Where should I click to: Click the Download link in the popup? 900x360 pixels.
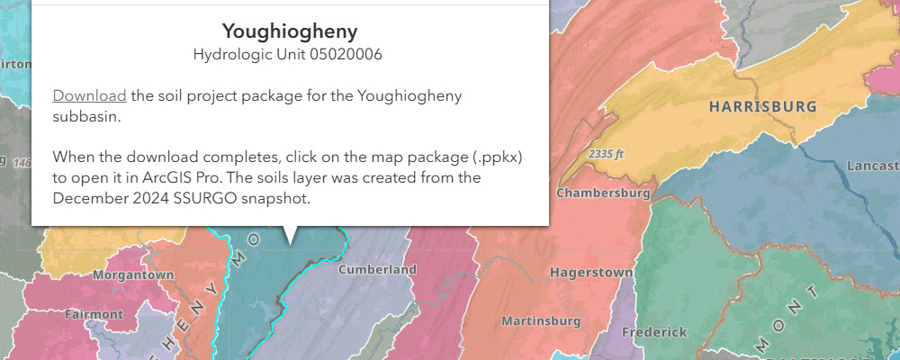point(89,95)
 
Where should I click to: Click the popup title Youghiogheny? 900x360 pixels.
point(289,31)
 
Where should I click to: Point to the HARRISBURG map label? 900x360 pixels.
point(762,107)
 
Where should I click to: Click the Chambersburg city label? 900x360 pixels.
point(603,193)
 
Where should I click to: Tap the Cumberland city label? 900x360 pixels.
point(378,269)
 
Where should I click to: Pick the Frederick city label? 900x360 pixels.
point(654,332)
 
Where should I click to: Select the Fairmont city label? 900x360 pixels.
point(94,314)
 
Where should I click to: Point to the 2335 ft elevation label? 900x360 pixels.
point(607,154)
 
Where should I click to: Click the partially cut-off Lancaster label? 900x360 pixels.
point(873,166)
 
